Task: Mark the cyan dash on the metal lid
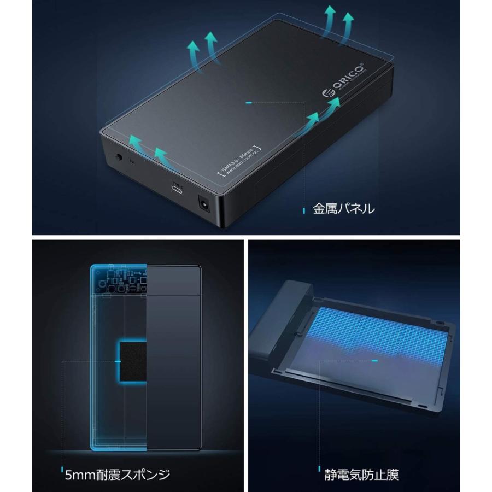tap(249, 102)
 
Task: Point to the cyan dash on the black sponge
tap(118, 361)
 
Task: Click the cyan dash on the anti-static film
tap(374, 361)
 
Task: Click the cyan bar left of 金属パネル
tap(304, 208)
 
